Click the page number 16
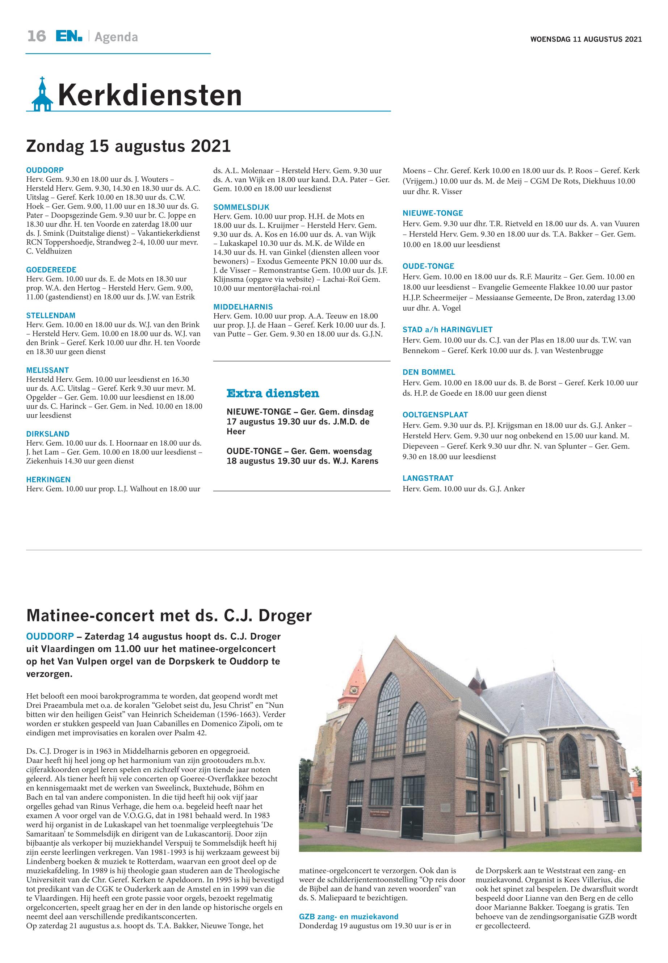(37, 37)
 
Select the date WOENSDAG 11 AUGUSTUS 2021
(585, 39)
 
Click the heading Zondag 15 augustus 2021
(129, 147)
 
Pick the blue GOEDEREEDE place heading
(51, 270)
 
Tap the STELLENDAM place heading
(51, 316)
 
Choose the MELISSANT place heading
(47, 370)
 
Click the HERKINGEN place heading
(48, 480)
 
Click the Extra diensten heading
(273, 394)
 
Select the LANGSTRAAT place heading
(428, 478)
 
